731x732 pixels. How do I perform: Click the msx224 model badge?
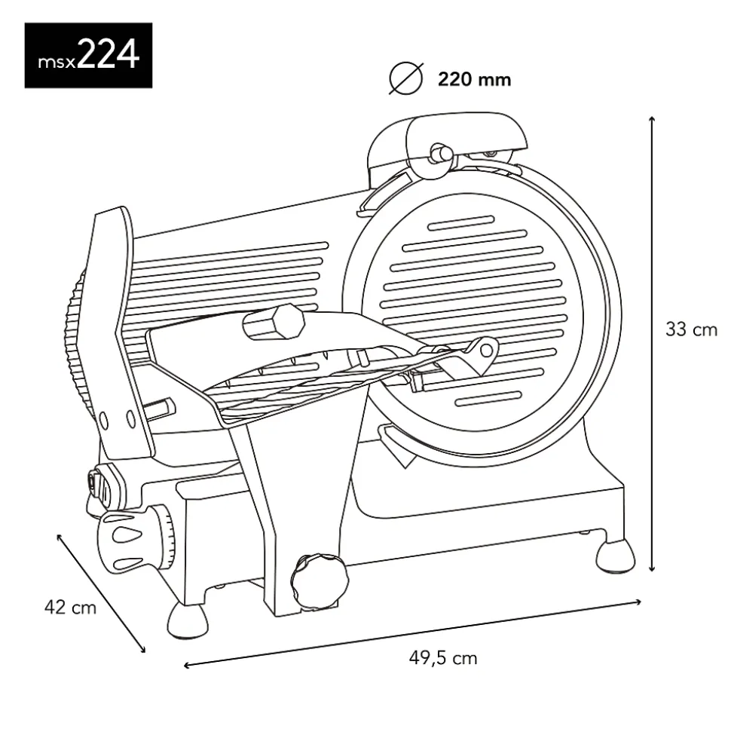pyautogui.click(x=88, y=55)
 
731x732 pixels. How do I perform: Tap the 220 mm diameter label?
pyautogui.click(x=474, y=78)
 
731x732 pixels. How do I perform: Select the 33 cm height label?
pyautogui.click(x=690, y=329)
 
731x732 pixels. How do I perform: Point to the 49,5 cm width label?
pyautogui.click(x=442, y=658)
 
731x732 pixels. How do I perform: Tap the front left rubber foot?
pyautogui.click(x=188, y=620)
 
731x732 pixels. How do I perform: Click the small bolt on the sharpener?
pyautogui.click(x=439, y=152)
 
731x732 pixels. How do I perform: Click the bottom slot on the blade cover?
pyautogui.click(x=490, y=400)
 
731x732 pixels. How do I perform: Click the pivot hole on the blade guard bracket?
pyautogui.click(x=488, y=348)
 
